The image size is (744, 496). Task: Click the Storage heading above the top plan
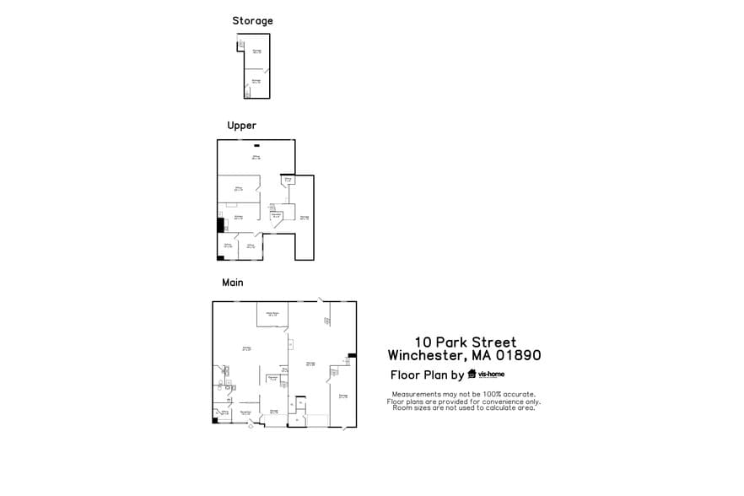coord(252,21)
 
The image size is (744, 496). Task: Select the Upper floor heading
coord(241,126)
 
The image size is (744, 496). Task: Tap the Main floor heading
coord(232,283)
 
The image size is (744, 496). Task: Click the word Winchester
coord(425,355)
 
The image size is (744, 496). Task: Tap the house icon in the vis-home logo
coord(472,375)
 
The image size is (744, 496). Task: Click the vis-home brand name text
coord(491,374)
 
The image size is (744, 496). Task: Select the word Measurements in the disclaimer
coord(417,394)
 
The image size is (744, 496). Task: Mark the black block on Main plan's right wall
coord(352,355)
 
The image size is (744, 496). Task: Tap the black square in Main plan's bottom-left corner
coord(215,420)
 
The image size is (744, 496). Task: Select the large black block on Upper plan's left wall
coord(220,225)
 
